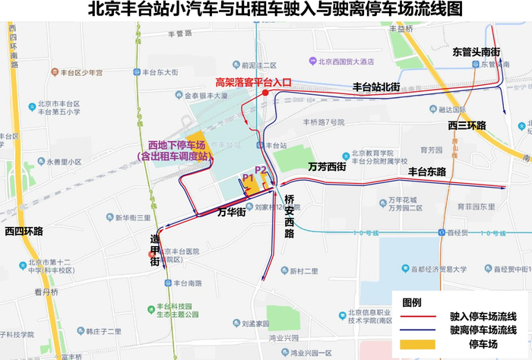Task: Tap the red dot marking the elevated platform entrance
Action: point(264,93)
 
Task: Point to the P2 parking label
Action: point(261,169)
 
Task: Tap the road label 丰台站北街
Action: point(376,87)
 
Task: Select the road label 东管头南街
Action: point(477,52)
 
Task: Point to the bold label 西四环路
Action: point(24,231)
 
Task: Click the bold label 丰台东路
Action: point(426,172)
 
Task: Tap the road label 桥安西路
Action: point(290,216)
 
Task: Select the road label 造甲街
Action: point(154,251)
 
